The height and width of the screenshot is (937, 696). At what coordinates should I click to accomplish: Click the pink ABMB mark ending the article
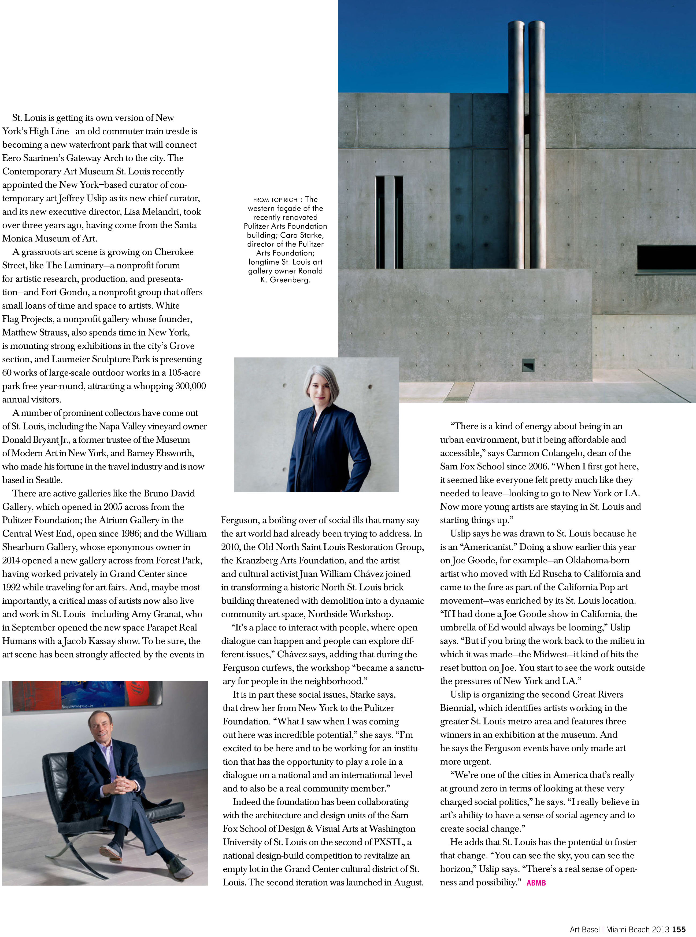coord(536,883)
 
